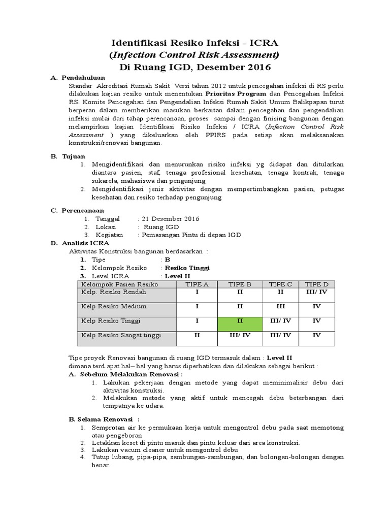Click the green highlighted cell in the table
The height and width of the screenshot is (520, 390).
(x=240, y=321)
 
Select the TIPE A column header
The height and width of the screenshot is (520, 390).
(x=198, y=284)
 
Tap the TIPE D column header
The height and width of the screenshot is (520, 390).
(x=316, y=284)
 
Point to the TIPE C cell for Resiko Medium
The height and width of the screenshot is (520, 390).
(x=280, y=307)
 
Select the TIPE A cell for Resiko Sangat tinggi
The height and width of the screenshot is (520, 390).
(x=198, y=335)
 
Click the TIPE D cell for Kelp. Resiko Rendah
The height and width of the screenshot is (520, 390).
(x=316, y=292)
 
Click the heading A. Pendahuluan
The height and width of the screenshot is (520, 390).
(x=79, y=78)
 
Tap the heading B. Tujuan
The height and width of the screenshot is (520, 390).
(x=68, y=156)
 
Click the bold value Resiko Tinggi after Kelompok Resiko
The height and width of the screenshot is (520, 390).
(x=186, y=268)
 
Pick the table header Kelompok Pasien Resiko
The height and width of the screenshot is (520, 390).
(x=120, y=284)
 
